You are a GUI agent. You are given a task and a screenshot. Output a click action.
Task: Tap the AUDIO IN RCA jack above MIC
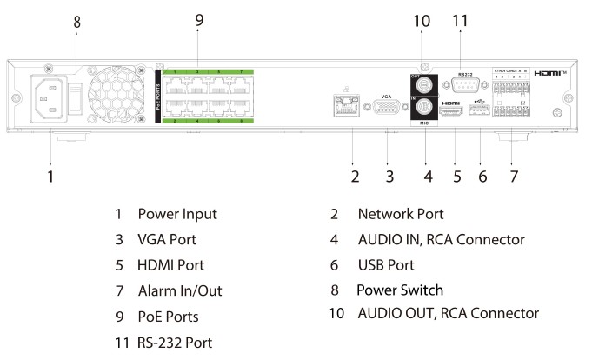426,109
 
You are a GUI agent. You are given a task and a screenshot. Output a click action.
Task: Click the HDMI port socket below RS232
451,112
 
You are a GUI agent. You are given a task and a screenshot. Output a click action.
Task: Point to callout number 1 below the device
50,177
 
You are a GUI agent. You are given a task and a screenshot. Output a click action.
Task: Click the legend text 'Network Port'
402,213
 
